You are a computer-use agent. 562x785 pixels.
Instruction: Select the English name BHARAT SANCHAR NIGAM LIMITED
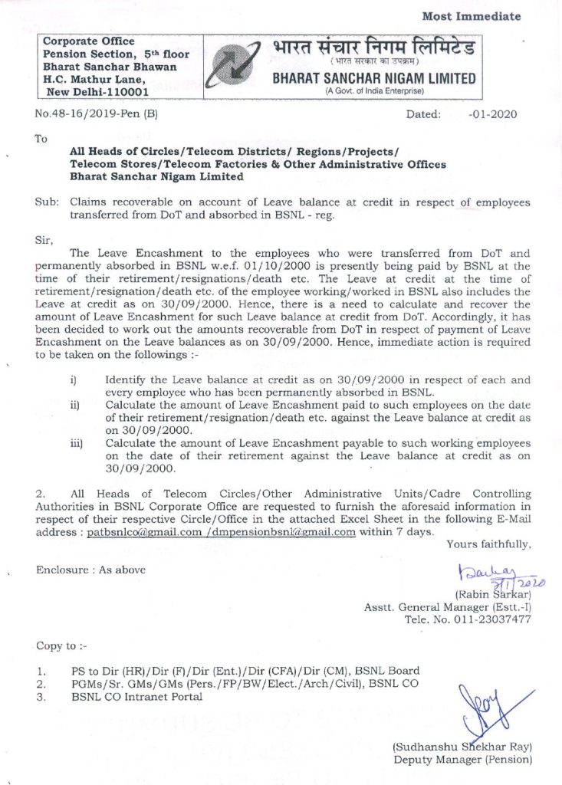373,78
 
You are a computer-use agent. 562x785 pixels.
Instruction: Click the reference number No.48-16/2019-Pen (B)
97,114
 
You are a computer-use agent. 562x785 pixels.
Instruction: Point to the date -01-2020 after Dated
491,114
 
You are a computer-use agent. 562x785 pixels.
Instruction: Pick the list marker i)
74,380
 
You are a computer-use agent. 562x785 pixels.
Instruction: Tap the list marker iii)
77,444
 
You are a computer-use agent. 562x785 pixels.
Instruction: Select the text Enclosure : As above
90,570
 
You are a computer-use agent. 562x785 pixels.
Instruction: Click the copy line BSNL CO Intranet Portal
137,697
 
